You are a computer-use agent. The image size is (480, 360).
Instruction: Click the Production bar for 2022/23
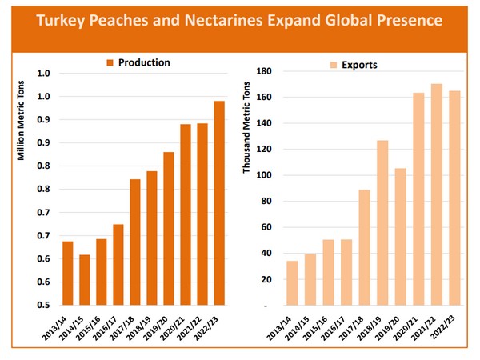click(x=219, y=203)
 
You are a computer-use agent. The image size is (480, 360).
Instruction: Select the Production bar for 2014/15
click(x=84, y=280)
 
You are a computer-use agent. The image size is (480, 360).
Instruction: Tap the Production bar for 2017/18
click(x=135, y=242)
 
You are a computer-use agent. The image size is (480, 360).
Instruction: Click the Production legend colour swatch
click(x=111, y=62)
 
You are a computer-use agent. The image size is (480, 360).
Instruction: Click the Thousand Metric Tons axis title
click(x=247, y=128)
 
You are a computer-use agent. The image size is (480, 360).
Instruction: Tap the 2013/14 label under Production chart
click(x=58, y=326)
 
